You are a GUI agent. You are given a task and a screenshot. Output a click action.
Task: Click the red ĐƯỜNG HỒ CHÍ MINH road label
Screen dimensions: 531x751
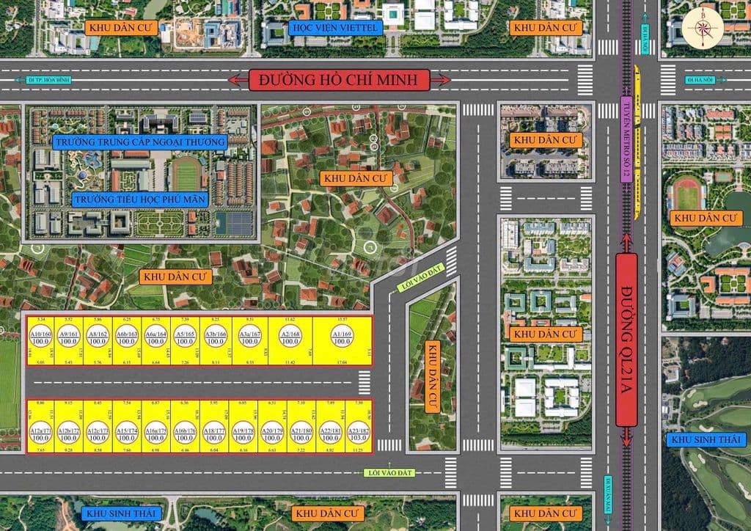click(x=340, y=79)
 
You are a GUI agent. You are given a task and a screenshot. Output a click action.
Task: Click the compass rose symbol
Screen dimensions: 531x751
click(x=703, y=28)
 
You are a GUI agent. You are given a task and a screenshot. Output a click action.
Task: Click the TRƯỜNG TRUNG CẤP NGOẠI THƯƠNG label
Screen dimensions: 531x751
click(x=139, y=141)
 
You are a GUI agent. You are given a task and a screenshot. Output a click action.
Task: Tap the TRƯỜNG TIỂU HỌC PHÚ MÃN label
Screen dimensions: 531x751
click(x=139, y=199)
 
